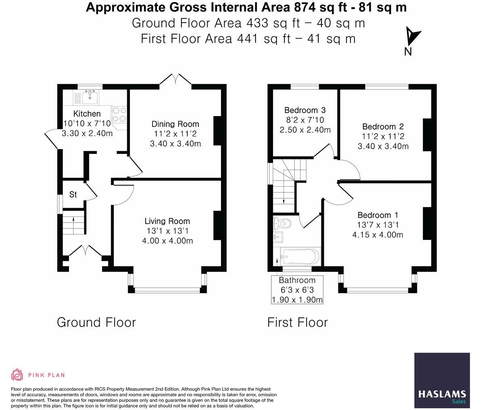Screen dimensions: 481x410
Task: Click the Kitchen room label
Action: [87, 114]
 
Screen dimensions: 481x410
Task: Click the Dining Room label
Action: [175, 124]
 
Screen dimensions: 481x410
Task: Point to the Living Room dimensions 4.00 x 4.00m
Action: [168, 241]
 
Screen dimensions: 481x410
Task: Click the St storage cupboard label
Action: [73, 194]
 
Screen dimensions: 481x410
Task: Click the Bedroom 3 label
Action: [305, 110]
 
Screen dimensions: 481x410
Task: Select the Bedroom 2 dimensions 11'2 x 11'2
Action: [383, 136]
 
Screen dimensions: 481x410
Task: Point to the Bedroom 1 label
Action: [378, 215]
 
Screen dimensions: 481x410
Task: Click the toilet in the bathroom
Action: [281, 223]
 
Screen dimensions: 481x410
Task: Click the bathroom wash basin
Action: [278, 237]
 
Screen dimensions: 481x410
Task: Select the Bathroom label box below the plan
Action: [297, 290]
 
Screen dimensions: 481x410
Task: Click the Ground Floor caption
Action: [97, 323]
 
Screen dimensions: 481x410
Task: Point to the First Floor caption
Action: [298, 323]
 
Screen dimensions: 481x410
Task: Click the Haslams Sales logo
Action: [442, 380]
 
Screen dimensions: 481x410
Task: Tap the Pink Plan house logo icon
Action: [17, 375]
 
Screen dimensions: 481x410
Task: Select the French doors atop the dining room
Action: [175, 79]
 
